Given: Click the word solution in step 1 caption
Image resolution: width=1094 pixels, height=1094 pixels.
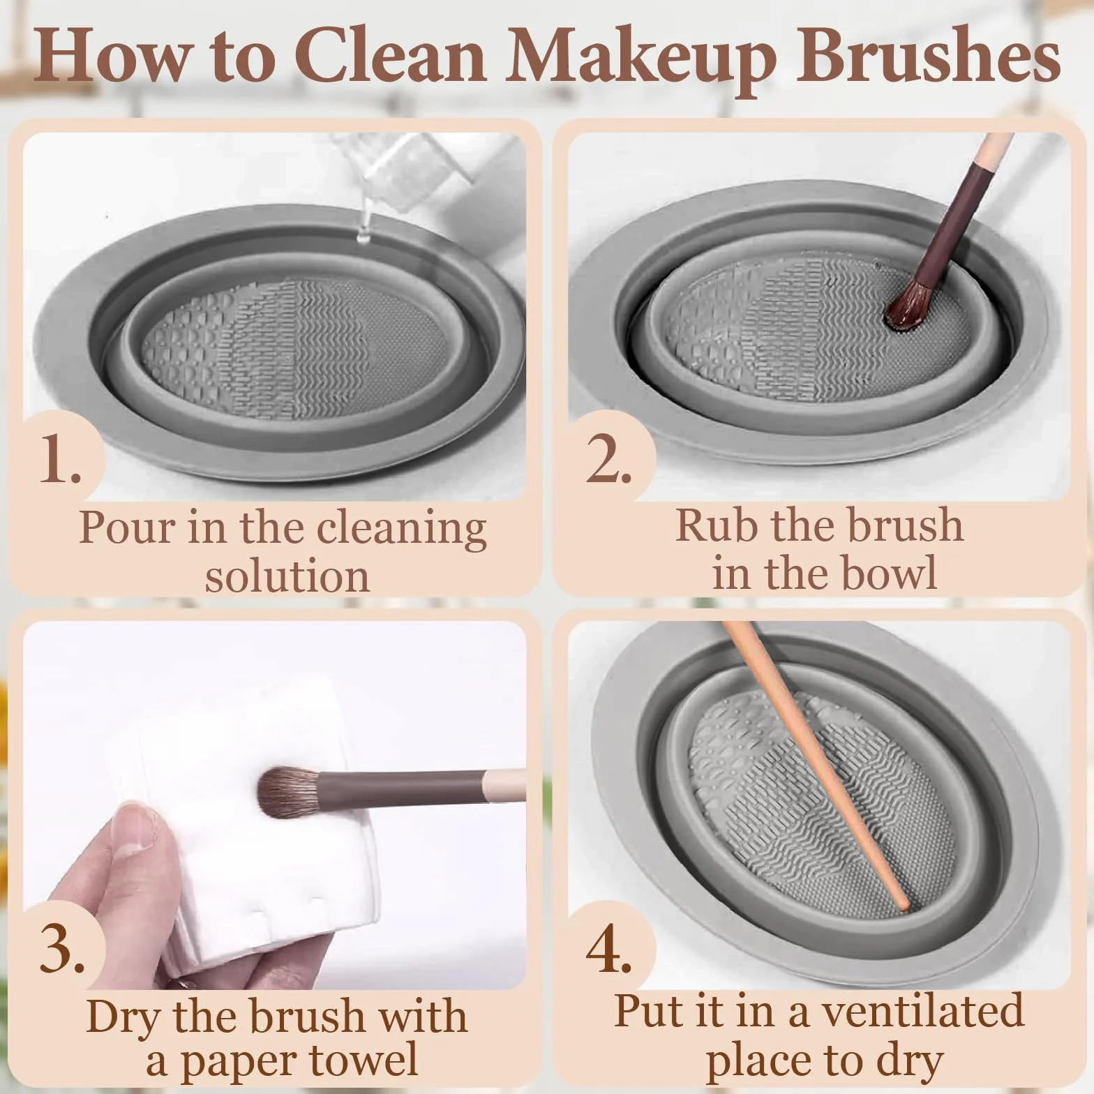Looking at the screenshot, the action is click(287, 576).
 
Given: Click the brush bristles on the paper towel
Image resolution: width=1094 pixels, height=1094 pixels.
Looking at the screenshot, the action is click(287, 794).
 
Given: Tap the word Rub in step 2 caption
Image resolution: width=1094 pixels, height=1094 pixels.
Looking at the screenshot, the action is click(718, 525).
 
